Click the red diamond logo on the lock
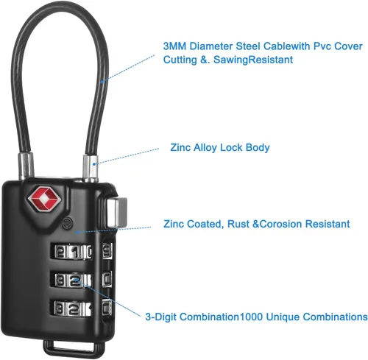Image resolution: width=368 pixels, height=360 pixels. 44,199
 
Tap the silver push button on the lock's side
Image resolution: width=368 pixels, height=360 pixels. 116,213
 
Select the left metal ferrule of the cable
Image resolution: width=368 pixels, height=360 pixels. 26,165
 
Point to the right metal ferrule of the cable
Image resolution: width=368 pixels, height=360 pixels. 91,169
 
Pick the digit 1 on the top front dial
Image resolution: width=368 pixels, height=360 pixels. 75,253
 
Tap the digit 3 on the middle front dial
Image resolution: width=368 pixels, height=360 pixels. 60,280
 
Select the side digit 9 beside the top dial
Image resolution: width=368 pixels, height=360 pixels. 107,250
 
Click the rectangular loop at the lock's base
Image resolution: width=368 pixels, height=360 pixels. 74,349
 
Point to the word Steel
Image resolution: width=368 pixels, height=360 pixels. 247,46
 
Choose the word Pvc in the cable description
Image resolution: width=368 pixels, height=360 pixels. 322,46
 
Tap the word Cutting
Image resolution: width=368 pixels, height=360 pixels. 180,60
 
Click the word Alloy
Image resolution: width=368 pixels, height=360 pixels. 205,147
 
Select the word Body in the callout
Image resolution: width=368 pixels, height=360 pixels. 258,147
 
